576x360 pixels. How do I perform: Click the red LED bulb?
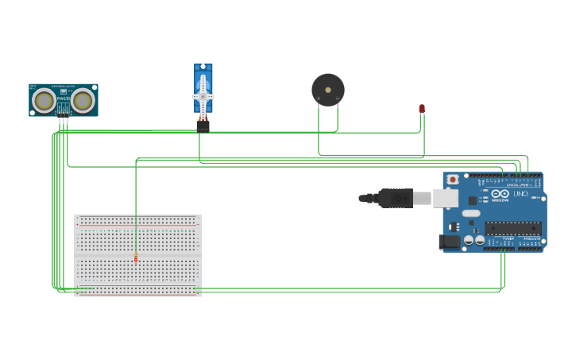[x=422, y=108]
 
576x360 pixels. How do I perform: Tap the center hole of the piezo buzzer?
[x=328, y=90]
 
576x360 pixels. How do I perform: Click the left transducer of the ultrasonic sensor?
[x=44, y=101]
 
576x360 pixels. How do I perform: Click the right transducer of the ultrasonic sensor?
[x=83, y=100]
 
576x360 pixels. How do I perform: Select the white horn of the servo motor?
[x=203, y=95]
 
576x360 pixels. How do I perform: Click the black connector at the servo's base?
[x=203, y=126]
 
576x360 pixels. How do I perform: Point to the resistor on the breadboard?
[x=136, y=257]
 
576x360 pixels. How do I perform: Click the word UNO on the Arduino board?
[x=520, y=194]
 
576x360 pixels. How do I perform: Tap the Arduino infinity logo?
[x=501, y=193]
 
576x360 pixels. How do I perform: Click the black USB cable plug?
[x=395, y=198]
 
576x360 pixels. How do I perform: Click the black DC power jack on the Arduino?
[x=450, y=242]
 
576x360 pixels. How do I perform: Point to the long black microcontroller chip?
[x=512, y=228]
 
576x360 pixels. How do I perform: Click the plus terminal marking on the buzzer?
[x=319, y=99]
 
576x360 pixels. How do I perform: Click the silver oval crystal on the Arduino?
[x=471, y=213]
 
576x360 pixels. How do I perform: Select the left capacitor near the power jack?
[x=469, y=239]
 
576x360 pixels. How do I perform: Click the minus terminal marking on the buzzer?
[x=338, y=99]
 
